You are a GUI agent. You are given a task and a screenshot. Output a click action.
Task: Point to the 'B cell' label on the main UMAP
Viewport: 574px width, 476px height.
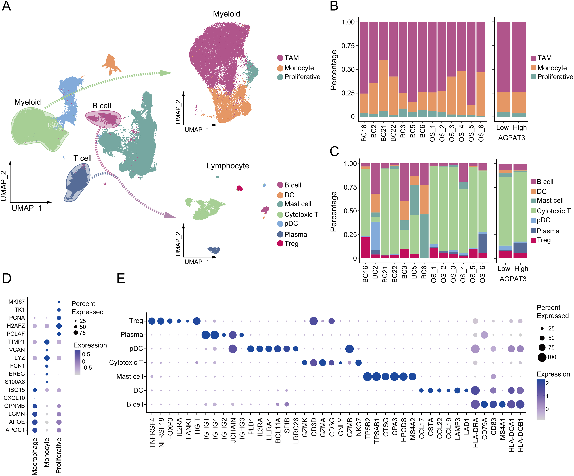coord(102,106)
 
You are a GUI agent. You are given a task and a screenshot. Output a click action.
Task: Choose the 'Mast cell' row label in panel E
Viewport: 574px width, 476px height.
coord(130,376)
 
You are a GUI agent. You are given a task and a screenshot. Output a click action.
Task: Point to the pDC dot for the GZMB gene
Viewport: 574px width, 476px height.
coord(349,349)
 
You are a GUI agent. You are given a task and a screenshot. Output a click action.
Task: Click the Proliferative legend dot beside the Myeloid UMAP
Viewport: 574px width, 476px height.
coord(280,77)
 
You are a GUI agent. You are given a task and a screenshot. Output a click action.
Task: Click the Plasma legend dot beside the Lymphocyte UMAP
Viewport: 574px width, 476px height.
coord(280,234)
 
